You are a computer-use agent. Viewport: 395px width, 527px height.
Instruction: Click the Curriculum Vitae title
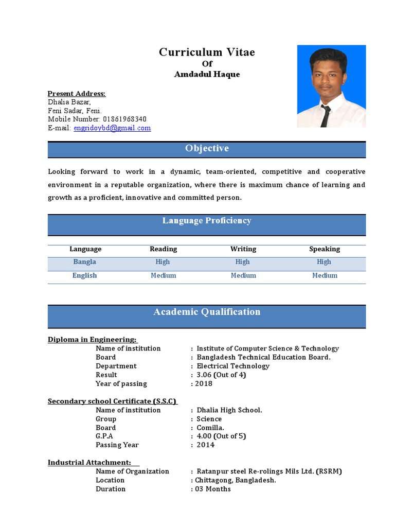[207, 52]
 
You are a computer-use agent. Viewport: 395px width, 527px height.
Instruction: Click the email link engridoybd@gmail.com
[112, 128]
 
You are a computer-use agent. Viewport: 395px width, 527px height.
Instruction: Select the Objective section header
[207, 149]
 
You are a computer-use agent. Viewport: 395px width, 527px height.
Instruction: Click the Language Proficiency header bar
[207, 221]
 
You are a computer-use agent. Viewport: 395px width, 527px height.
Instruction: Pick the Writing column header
[243, 249]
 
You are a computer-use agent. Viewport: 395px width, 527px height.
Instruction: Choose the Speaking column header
[325, 249]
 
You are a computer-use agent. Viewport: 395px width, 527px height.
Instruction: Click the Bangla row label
[85, 262]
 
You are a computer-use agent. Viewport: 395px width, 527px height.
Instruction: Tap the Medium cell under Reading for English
[164, 276]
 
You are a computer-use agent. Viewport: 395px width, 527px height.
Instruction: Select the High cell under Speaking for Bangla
[324, 262]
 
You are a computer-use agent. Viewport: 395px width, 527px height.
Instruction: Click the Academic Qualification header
[207, 312]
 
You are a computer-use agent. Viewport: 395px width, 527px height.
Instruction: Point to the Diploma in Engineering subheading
[93, 340]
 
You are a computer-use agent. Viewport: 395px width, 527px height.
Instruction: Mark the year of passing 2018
[204, 383]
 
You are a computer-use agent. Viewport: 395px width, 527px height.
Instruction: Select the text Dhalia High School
[229, 410]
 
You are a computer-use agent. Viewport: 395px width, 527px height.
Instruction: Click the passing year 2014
[206, 445]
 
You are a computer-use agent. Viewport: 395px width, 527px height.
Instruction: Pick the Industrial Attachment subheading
[89, 463]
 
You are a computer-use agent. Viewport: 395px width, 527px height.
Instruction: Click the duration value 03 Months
[213, 489]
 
